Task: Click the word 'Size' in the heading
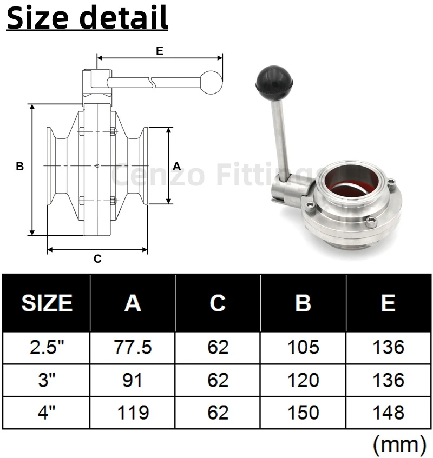(x=37, y=17)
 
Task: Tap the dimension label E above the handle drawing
(x=159, y=51)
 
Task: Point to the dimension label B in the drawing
(x=19, y=166)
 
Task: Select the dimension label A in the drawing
(x=176, y=166)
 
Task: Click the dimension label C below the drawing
(x=97, y=259)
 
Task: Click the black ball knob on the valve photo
(x=274, y=83)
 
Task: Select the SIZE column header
(x=47, y=303)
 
